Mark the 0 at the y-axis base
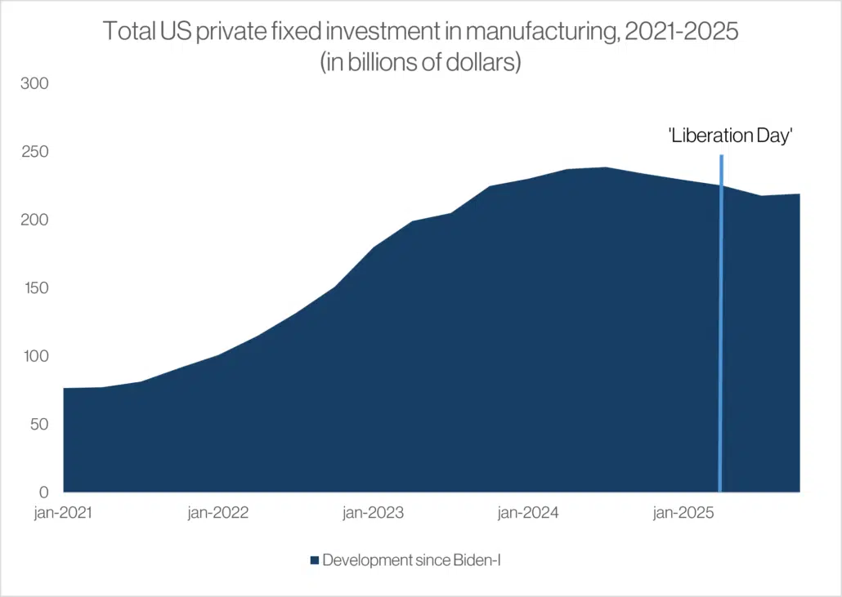click(x=44, y=492)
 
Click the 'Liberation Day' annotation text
click(x=732, y=136)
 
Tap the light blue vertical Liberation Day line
click(x=720, y=327)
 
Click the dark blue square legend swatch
click(x=315, y=560)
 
